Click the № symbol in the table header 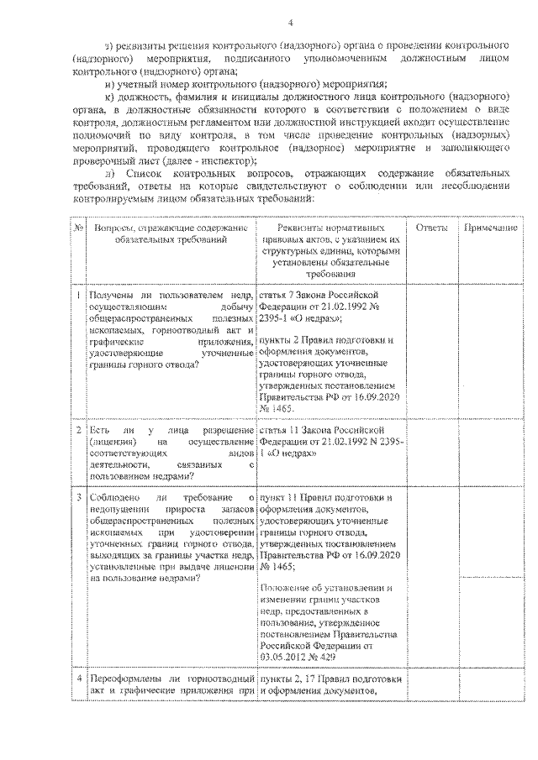[77, 228]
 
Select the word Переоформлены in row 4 [127, 679]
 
